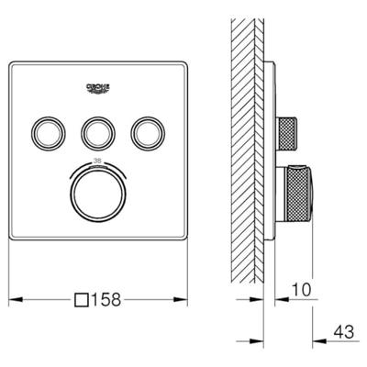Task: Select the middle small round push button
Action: pyautogui.click(x=97, y=133)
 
